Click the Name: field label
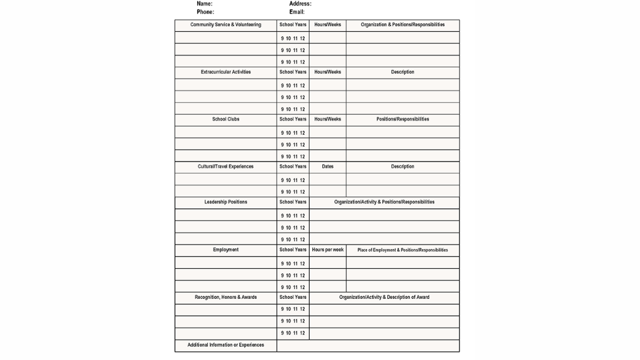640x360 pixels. [x=204, y=4]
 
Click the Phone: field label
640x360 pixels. [x=205, y=12]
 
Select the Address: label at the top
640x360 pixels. [x=300, y=4]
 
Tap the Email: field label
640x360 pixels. [x=297, y=12]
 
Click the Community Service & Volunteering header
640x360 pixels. [x=225, y=25]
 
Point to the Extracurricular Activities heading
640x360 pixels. [x=225, y=72]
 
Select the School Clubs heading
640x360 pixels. [x=225, y=119]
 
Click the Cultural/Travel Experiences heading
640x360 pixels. [x=225, y=167]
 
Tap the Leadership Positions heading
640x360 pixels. [x=225, y=202]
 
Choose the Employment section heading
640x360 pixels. [x=225, y=250]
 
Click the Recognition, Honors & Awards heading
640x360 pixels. [x=225, y=297]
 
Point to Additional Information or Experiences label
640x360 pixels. [x=225, y=345]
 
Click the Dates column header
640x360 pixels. [x=328, y=167]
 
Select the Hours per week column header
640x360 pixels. [x=328, y=250]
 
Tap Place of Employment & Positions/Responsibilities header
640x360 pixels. [x=403, y=250]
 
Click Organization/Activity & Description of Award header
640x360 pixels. [x=384, y=297]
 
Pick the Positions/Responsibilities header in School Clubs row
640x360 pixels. [x=403, y=119]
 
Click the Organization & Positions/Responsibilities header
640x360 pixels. [x=403, y=25]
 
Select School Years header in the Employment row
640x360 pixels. [x=293, y=250]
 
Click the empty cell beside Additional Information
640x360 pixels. [x=368, y=346]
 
